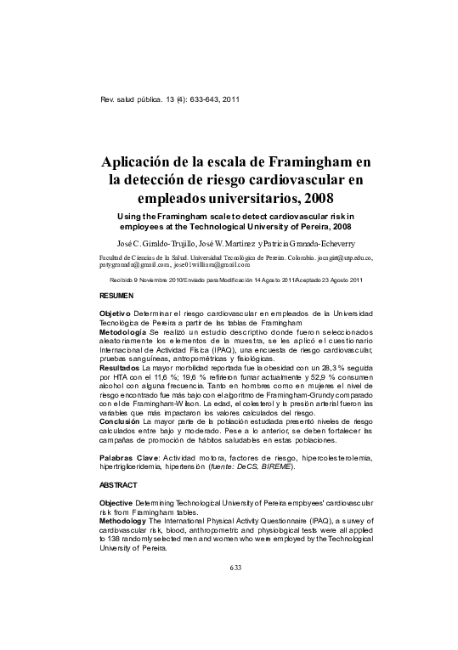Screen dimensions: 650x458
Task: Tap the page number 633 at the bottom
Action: pyautogui.click(x=236, y=615)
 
